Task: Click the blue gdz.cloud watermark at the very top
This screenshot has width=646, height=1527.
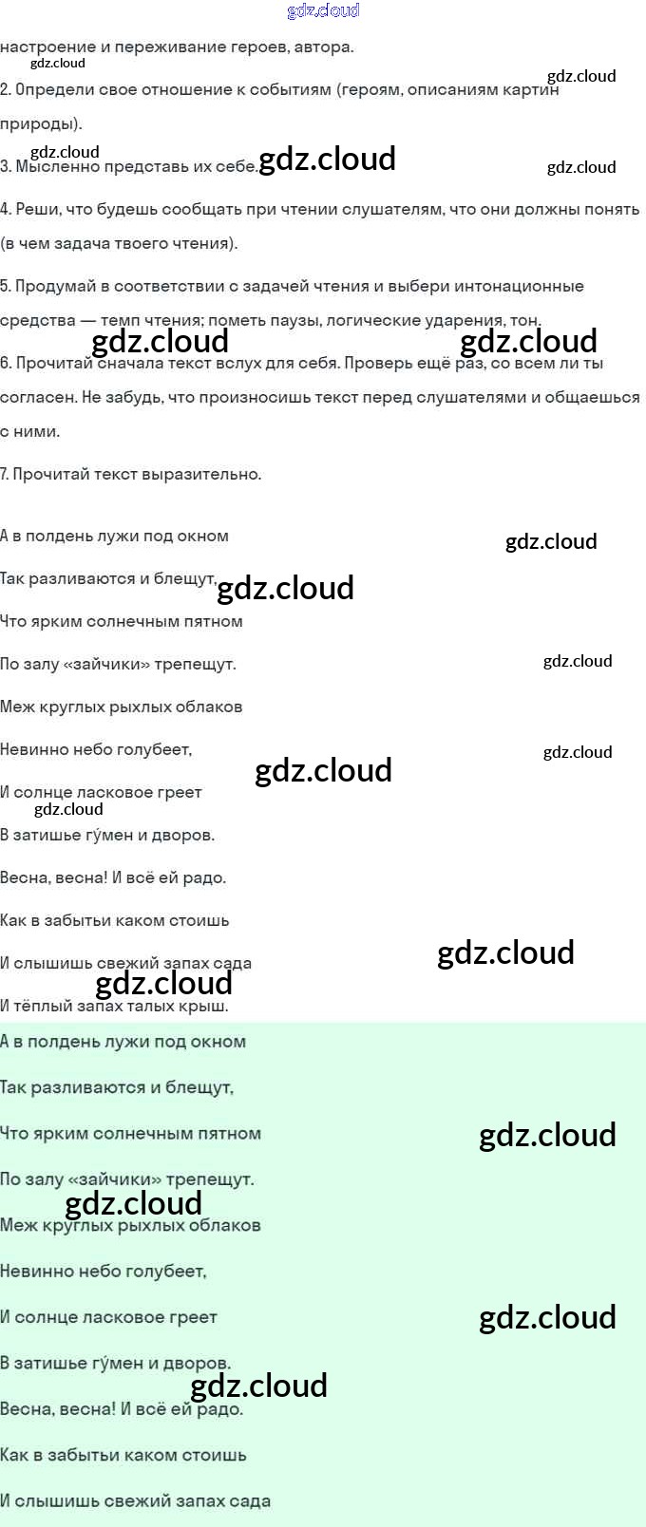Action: (323, 10)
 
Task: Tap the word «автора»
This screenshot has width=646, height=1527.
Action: (324, 47)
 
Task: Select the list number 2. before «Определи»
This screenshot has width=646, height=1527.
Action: (6, 90)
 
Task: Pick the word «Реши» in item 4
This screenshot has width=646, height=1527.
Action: (35, 210)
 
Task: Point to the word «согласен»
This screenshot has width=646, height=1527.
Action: (38, 398)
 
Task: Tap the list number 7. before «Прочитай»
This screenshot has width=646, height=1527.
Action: (5, 475)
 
